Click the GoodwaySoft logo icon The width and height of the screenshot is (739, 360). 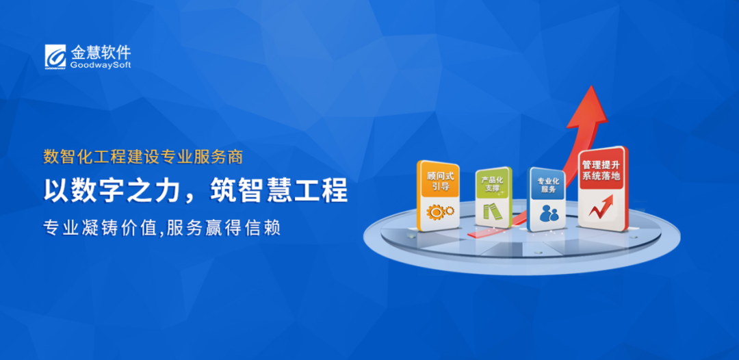point(55,56)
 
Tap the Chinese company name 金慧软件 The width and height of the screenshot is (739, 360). point(101,51)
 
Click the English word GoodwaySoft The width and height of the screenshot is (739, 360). point(101,65)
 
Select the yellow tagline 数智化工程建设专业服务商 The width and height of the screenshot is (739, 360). point(143,157)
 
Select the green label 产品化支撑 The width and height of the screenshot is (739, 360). point(493,184)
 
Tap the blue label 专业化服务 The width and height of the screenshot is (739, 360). point(547,185)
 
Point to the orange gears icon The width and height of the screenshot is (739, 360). point(440,211)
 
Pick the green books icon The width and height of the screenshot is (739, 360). point(492,212)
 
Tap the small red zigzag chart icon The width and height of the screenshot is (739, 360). point(601,207)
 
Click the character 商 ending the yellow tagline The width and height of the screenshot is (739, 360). point(236,157)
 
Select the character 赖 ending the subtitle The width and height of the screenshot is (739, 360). point(273,228)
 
